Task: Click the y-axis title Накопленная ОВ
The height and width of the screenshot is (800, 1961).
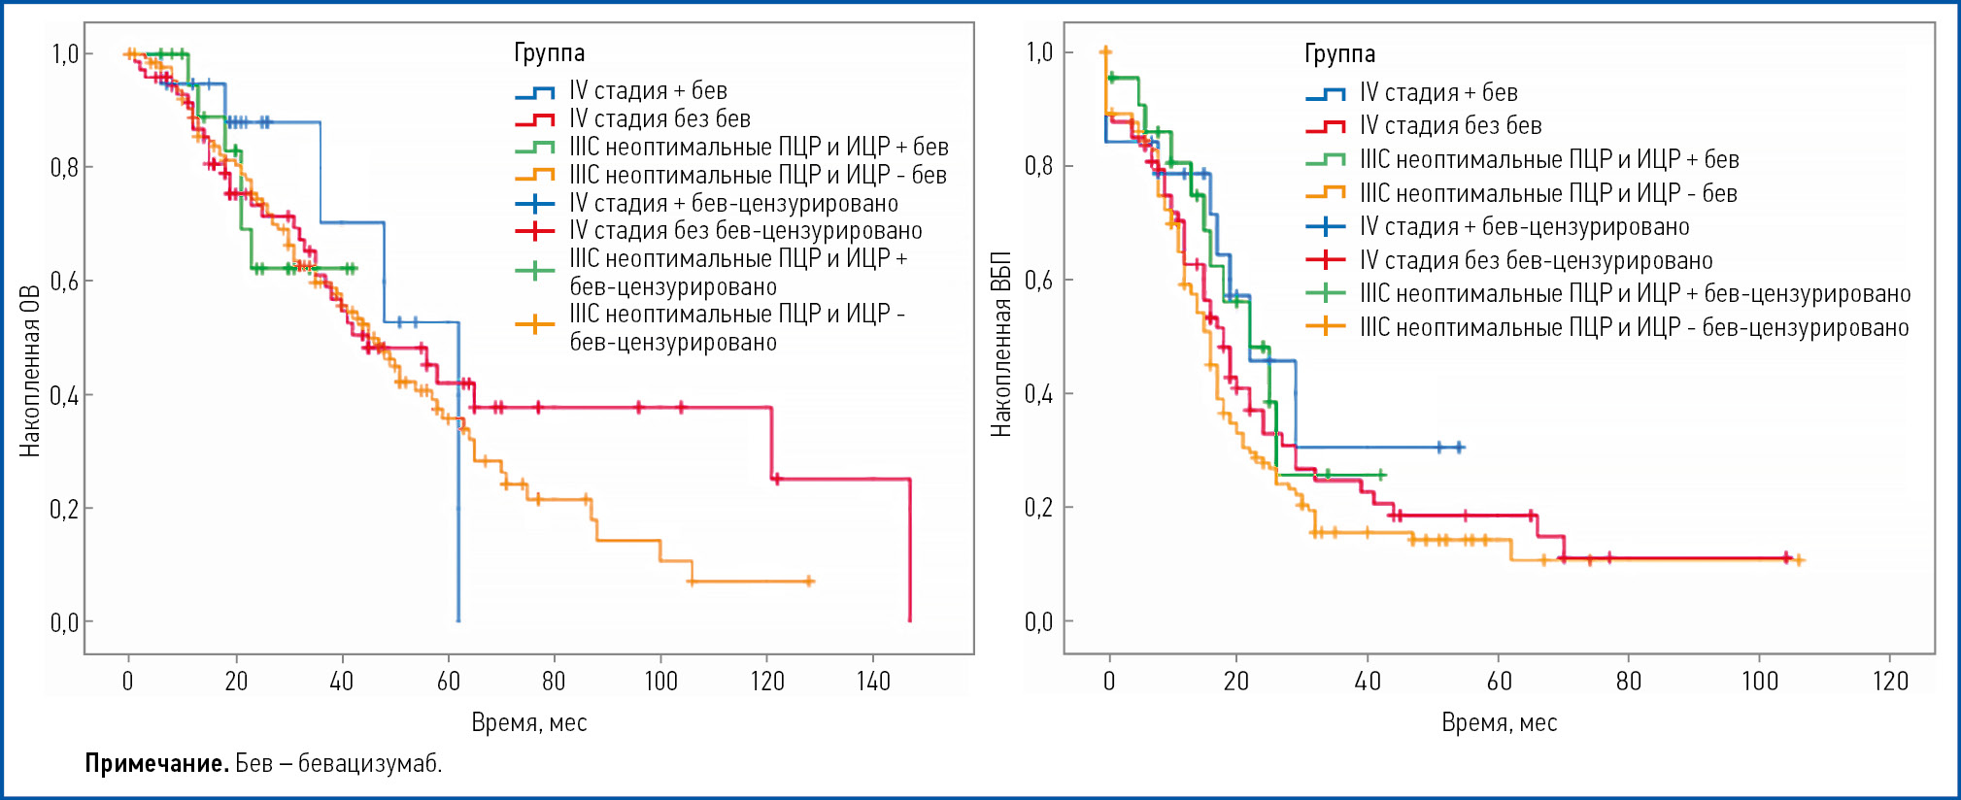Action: click(x=30, y=371)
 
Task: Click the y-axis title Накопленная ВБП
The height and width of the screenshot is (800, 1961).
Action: click(x=1001, y=345)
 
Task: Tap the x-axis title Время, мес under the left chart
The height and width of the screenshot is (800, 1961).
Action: click(x=528, y=722)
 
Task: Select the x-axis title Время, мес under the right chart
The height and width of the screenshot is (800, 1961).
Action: click(x=1499, y=722)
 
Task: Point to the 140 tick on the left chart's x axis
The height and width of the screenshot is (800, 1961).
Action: click(x=873, y=681)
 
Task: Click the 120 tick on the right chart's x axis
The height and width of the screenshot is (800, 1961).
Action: click(x=1890, y=681)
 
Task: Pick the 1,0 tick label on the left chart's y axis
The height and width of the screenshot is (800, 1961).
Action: click(x=65, y=53)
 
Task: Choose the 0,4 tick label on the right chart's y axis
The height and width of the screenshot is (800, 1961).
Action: click(x=1038, y=393)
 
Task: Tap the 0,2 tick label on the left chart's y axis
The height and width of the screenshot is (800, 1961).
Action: click(x=65, y=508)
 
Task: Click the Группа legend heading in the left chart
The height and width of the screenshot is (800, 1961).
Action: click(x=550, y=52)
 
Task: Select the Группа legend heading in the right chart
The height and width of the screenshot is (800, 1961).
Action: click(x=1339, y=53)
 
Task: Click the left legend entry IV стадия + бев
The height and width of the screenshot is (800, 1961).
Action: click(x=648, y=91)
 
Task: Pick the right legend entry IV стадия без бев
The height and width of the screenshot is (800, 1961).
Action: click(x=1450, y=125)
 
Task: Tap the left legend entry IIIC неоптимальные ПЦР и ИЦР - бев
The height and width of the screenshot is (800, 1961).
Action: click(x=758, y=175)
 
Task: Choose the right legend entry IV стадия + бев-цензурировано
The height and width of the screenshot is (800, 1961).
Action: click(x=1524, y=226)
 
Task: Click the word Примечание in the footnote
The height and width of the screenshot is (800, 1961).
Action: click(x=156, y=763)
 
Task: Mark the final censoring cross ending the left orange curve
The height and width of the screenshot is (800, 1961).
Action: click(x=810, y=582)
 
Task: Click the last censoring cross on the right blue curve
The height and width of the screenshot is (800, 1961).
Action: click(x=1459, y=448)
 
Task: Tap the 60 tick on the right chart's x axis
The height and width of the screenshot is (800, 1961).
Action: click(x=1499, y=681)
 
